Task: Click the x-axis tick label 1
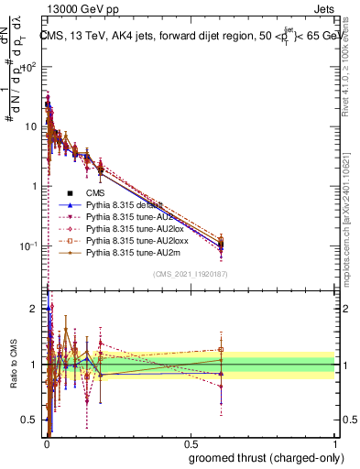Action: pyautogui.click(x=335, y=443)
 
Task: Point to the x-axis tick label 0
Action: pyautogui.click(x=46, y=443)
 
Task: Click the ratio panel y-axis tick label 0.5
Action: pyautogui.click(x=29, y=420)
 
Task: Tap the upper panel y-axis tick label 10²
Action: pyautogui.click(x=29, y=68)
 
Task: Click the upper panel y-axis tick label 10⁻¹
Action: pyautogui.click(x=29, y=245)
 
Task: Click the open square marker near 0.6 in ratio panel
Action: pyautogui.click(x=221, y=349)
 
